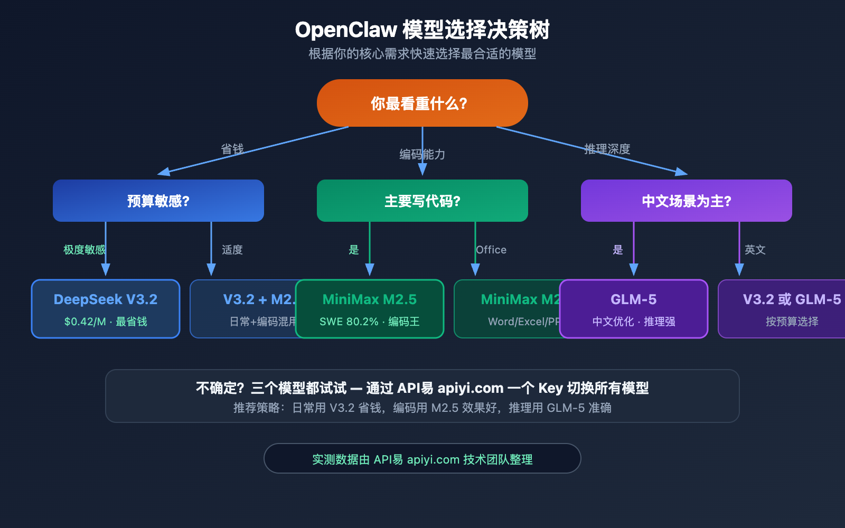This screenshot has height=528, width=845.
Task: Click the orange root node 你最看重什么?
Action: pos(422,103)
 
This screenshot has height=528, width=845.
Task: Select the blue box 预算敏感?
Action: pos(158,201)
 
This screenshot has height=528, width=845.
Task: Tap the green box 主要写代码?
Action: pos(422,201)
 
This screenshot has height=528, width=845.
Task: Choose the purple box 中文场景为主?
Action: pos(687,201)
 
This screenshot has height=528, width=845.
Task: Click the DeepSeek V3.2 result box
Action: pos(106,309)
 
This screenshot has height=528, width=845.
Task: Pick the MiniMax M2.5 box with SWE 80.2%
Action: pos(370,309)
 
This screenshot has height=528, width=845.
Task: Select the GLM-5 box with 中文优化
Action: pos(634,309)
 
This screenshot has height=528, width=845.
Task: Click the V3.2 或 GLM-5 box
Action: pos(787,309)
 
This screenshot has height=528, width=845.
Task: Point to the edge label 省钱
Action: pos(232,149)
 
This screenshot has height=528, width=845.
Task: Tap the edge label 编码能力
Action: pos(422,155)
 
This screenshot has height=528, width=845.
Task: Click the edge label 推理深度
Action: pos(607,149)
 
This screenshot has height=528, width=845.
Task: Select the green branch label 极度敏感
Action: pos(84,250)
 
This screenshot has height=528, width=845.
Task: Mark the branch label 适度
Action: pos(232,250)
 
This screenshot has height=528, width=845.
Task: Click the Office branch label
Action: pos(491,250)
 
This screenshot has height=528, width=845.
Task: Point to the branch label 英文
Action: pos(755,250)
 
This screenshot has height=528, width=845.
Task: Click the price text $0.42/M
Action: pos(85,322)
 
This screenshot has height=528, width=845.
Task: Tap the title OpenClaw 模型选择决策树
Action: pos(422,30)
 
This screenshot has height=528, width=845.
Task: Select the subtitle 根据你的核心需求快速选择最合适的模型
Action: pos(422,54)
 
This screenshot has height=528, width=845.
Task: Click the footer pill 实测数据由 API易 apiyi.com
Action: pos(422,459)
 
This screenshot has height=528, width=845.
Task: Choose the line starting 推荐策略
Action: pos(422,408)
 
